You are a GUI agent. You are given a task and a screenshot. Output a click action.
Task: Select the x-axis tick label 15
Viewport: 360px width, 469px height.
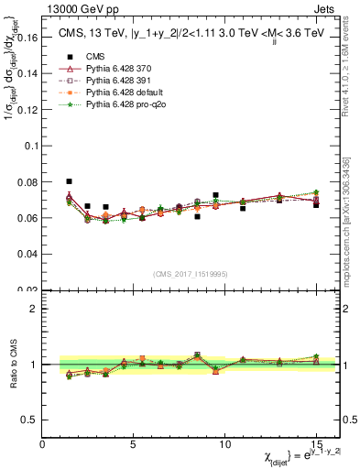click(316, 444)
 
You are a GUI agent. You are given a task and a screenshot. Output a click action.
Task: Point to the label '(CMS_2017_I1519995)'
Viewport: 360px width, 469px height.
click(190, 271)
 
